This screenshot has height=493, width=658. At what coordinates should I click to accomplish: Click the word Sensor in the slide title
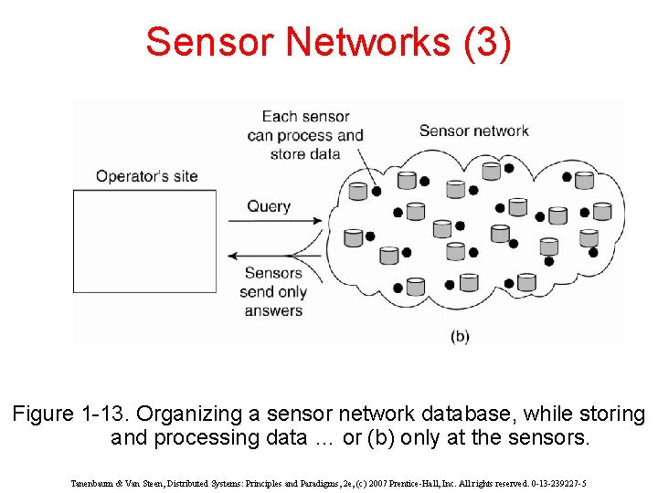209,42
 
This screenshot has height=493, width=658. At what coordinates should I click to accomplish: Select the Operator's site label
146,176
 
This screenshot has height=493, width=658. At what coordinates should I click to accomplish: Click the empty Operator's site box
144,241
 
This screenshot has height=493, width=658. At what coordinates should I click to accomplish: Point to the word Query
269,205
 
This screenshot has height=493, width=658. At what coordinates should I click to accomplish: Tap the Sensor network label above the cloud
473,131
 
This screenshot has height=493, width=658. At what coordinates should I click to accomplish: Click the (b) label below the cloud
460,336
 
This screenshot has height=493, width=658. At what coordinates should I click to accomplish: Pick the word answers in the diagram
273,310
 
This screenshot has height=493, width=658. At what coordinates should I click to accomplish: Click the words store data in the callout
305,153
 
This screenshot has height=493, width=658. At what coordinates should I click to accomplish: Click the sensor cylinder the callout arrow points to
358,191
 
